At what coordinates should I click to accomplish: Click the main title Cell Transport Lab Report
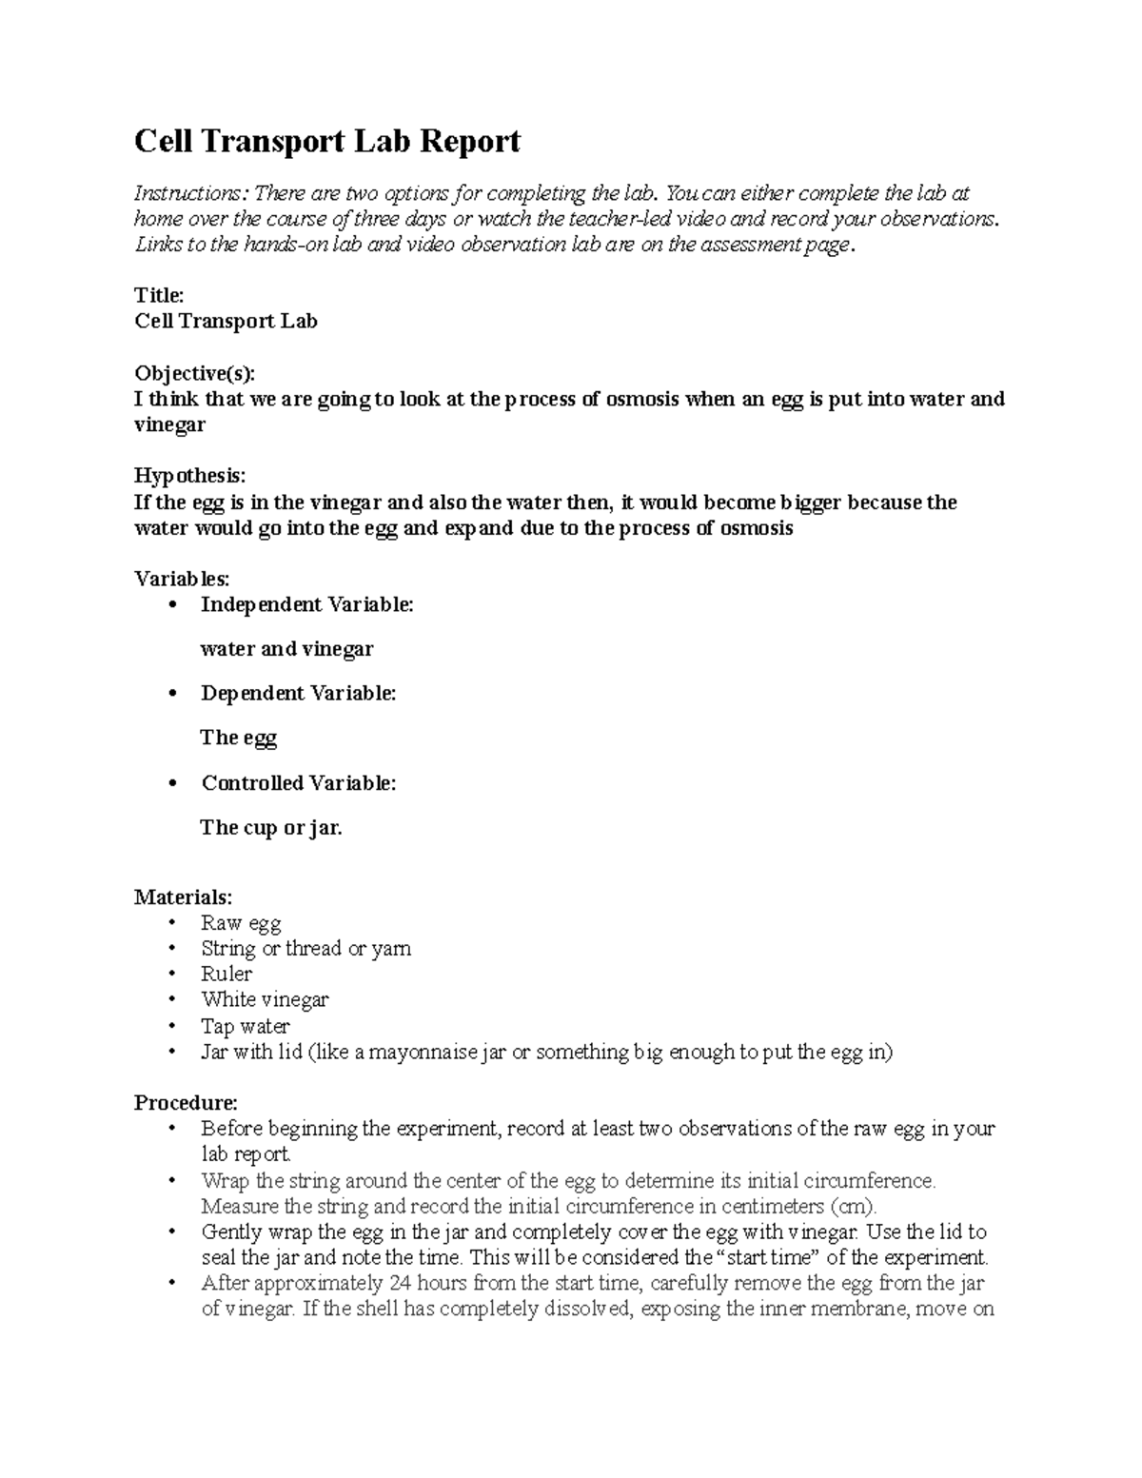(x=327, y=142)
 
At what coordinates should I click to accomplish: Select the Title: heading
(x=158, y=295)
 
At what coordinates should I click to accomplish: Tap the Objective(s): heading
(x=195, y=372)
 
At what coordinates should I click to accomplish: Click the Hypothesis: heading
(x=189, y=475)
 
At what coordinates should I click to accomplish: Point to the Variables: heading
(x=182, y=579)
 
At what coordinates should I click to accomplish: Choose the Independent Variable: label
(x=307, y=604)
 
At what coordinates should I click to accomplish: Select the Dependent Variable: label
(x=298, y=693)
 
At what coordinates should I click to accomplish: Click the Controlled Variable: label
(x=298, y=782)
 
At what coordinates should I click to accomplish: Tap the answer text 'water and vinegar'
(x=286, y=649)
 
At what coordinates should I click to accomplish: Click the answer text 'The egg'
(x=238, y=738)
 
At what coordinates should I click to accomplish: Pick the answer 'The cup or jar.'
(x=271, y=827)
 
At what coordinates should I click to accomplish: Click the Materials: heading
(x=183, y=897)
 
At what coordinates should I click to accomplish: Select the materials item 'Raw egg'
(x=241, y=923)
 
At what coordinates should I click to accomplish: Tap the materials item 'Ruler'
(x=226, y=974)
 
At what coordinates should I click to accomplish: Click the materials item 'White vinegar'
(x=265, y=999)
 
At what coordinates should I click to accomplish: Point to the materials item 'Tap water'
(x=246, y=1026)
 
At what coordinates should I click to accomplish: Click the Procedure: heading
(x=186, y=1102)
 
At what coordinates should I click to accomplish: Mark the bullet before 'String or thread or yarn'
(x=171, y=949)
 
